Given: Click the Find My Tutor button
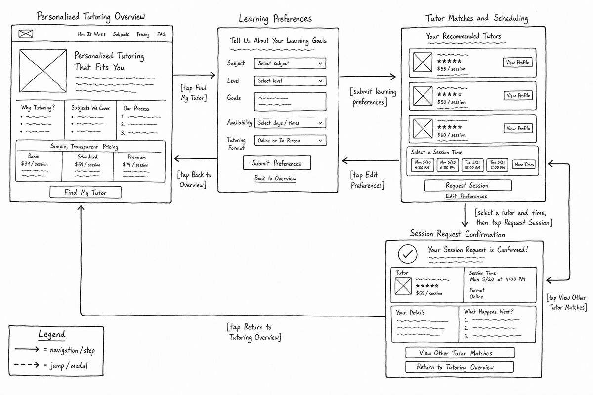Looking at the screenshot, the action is point(85,192).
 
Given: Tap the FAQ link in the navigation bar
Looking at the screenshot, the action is point(161,34).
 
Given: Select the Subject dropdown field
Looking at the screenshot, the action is point(290,63).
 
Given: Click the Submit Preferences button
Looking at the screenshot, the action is point(277,163).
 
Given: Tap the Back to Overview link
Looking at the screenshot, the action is point(275,178).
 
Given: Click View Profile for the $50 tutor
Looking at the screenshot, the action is point(518,95).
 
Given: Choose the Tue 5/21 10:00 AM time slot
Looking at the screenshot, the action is point(472,165).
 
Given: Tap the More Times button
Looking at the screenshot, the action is point(524,164).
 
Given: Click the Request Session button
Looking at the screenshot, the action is point(468,186).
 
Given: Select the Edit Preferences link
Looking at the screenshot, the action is point(466,196).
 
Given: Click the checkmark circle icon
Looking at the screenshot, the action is point(407,254).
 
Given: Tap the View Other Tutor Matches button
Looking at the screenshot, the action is point(460,353).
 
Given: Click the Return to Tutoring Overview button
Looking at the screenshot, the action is point(460,367).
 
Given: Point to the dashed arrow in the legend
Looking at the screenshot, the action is point(27,365).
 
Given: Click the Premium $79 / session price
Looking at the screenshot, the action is point(135,165).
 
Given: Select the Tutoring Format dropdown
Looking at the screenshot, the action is point(290,141).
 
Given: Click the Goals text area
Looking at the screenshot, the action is point(290,102).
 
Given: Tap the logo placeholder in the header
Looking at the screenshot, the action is point(26,34).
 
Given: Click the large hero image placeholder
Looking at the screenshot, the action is point(43,71).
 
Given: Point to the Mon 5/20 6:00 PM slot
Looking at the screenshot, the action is point(448,165).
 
